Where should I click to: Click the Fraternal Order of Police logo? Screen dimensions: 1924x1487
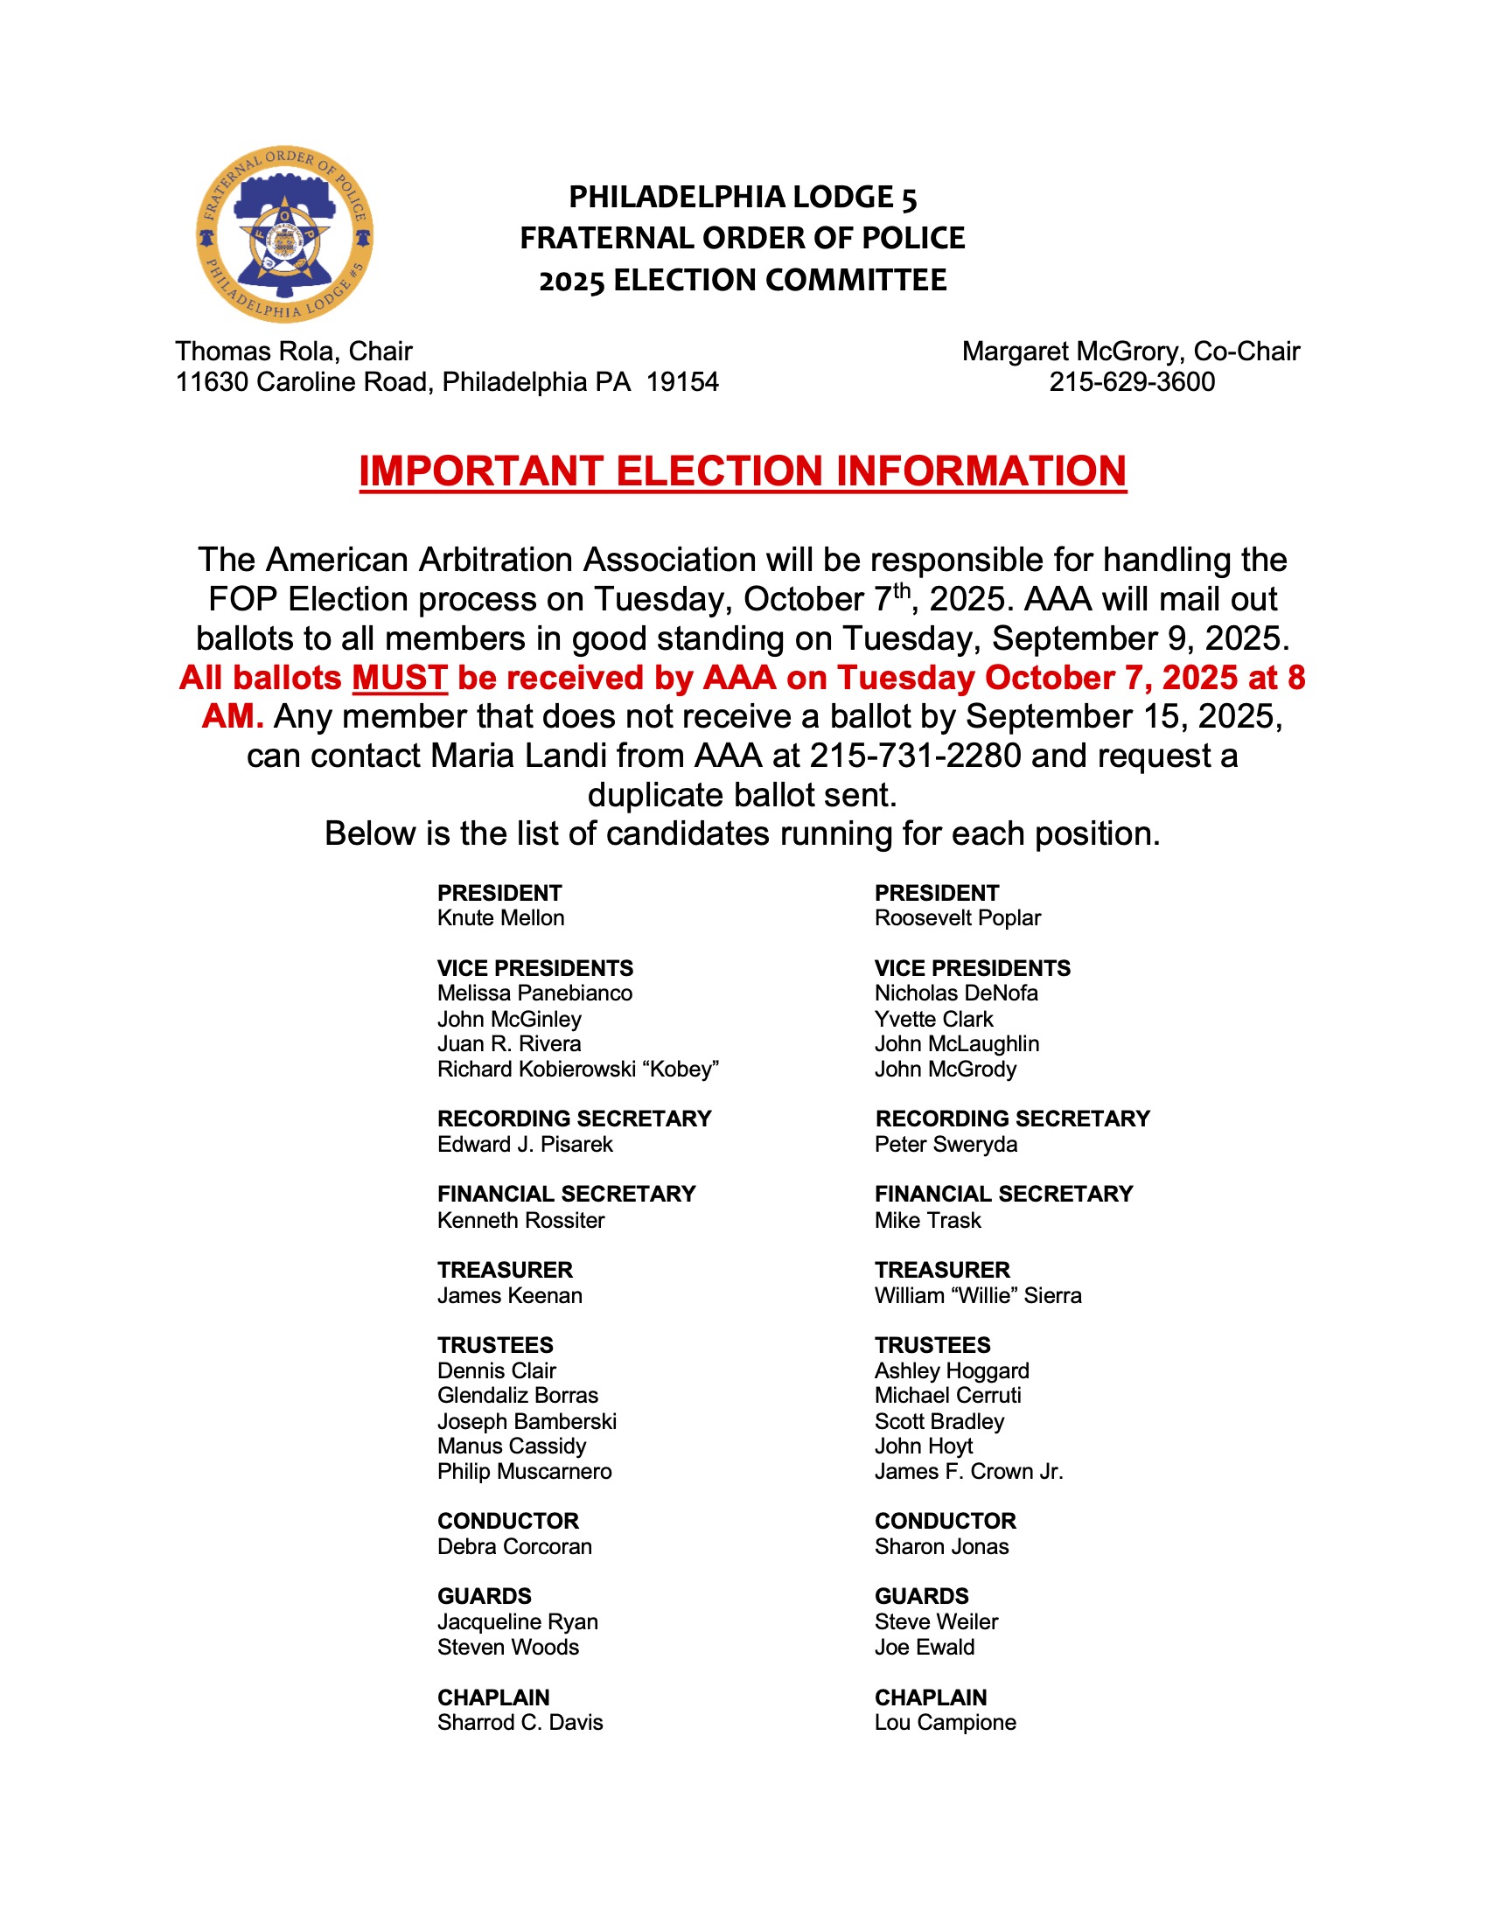283,234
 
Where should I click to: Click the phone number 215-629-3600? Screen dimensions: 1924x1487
1131,381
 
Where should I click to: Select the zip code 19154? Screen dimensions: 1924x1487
683,381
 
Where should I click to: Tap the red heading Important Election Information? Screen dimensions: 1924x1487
743,471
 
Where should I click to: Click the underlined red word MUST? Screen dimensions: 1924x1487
400,678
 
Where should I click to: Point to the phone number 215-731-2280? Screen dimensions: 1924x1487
915,756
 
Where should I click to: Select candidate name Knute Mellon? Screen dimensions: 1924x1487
500,918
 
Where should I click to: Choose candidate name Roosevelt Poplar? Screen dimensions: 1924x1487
958,918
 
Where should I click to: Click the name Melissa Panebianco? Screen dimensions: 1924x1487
534,993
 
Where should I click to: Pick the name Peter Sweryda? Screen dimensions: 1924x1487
946,1145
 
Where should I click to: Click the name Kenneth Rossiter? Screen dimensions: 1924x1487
520,1220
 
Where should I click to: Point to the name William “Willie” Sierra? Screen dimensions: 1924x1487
978,1295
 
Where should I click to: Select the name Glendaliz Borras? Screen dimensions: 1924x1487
517,1396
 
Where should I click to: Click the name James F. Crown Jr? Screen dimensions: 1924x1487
969,1471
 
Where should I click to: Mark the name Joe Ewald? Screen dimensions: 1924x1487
924,1648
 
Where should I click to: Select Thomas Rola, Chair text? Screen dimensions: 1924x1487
293,352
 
